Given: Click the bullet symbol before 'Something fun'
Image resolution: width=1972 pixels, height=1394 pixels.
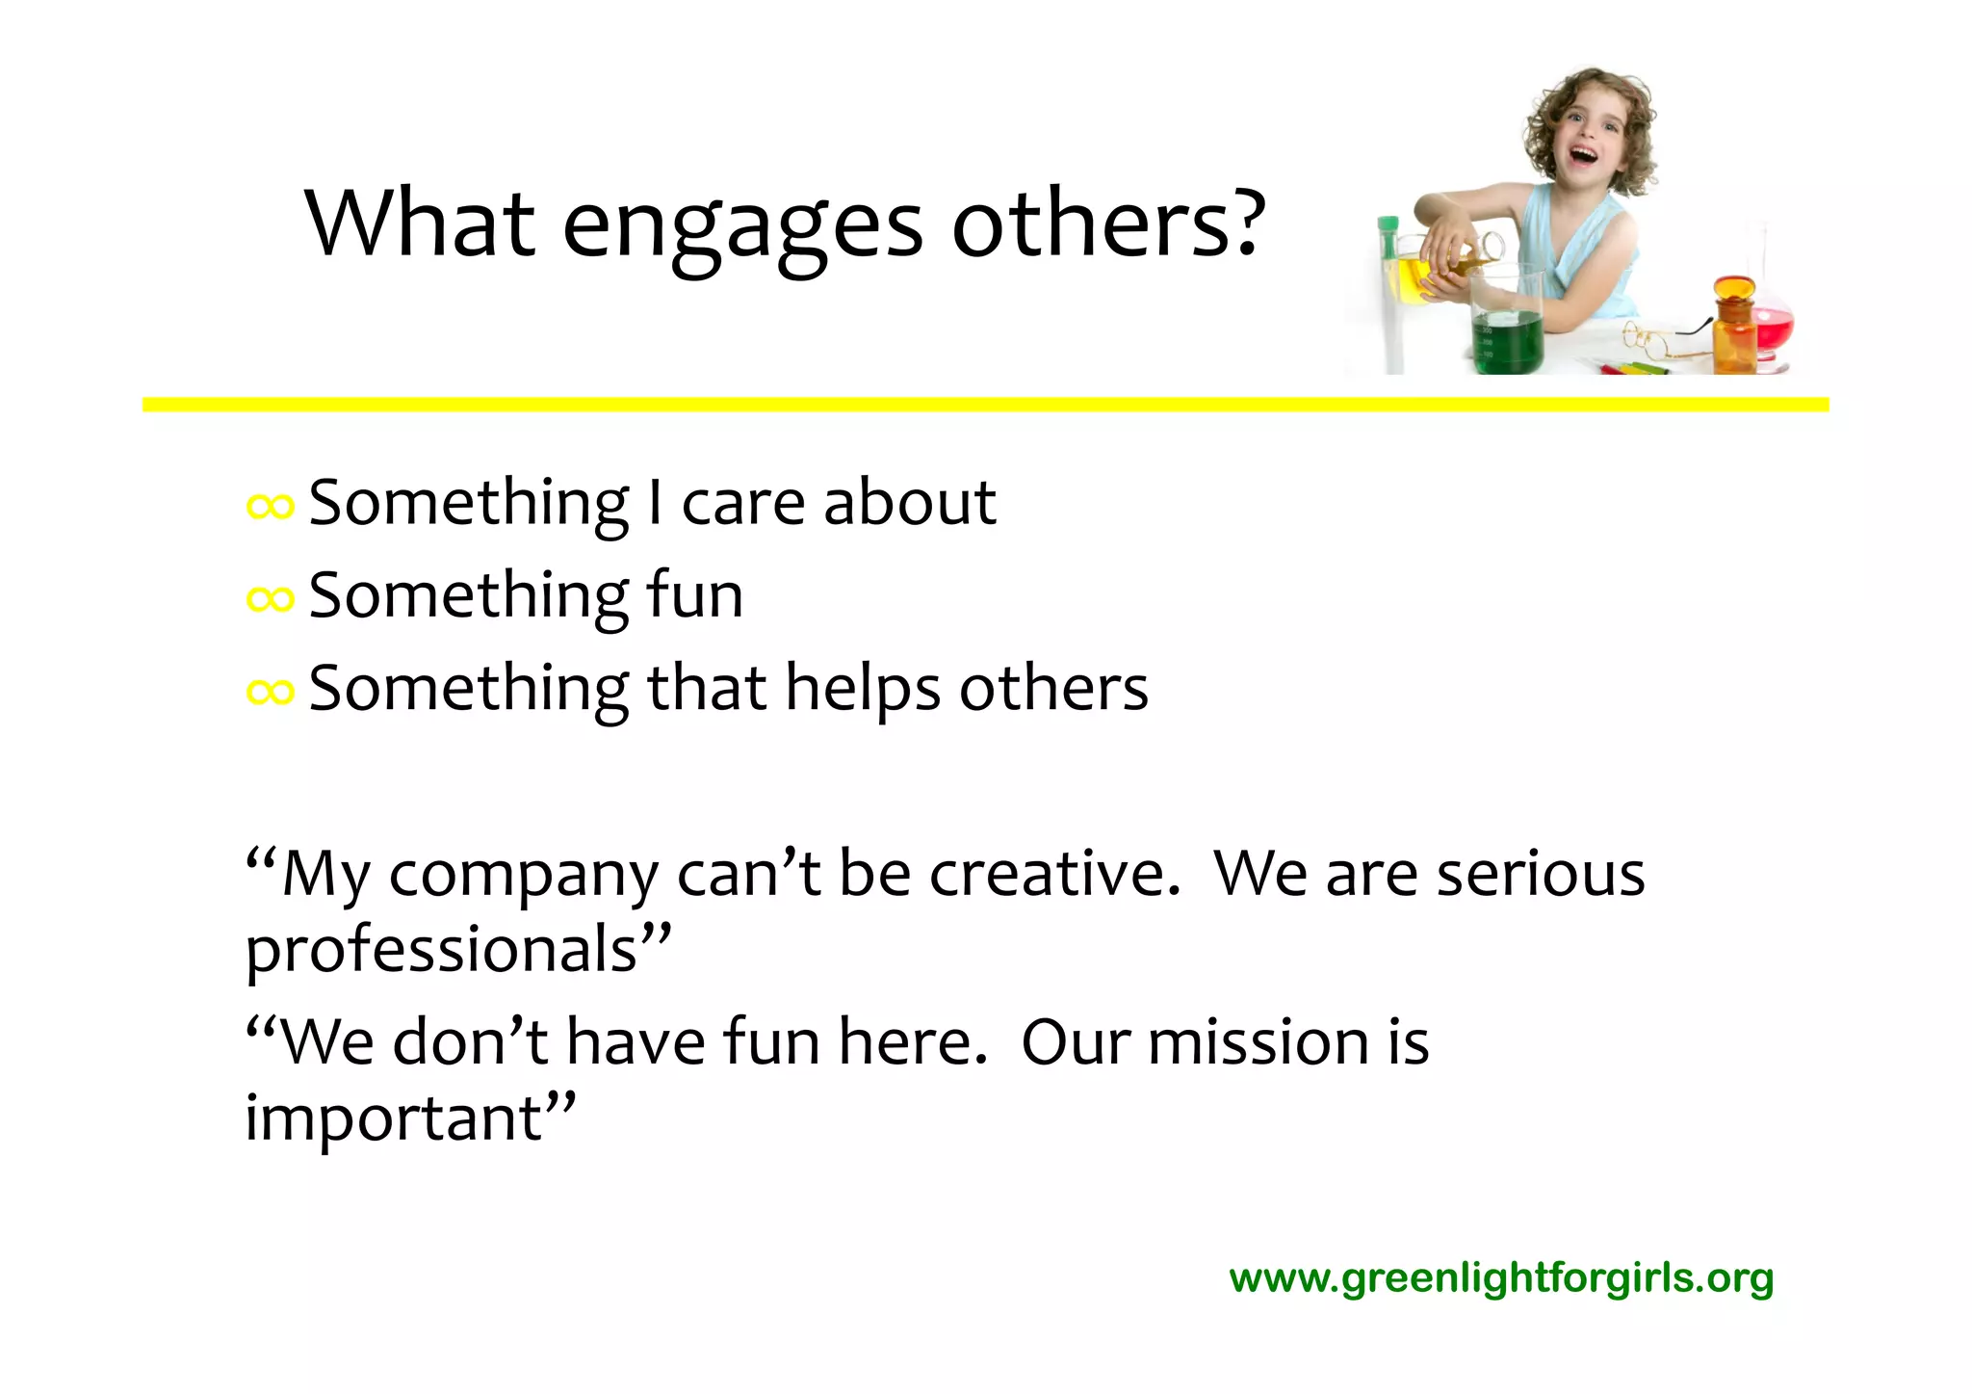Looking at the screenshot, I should click(x=270, y=599).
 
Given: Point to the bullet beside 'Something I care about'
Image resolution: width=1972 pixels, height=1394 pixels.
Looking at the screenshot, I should click(x=270, y=506).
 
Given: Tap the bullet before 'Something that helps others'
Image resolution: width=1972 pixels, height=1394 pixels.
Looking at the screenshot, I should click(x=270, y=691).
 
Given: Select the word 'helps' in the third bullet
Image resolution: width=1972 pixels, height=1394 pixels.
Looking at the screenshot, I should click(x=863, y=689).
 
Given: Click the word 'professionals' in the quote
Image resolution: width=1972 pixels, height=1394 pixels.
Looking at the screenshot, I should click(x=442, y=950).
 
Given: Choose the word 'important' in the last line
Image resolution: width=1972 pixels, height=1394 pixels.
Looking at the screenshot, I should click(x=395, y=1119).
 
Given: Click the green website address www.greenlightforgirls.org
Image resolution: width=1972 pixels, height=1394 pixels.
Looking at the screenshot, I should click(x=1501, y=1278).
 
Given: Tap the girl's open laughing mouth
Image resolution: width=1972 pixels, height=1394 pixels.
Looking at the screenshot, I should click(x=1585, y=153).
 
